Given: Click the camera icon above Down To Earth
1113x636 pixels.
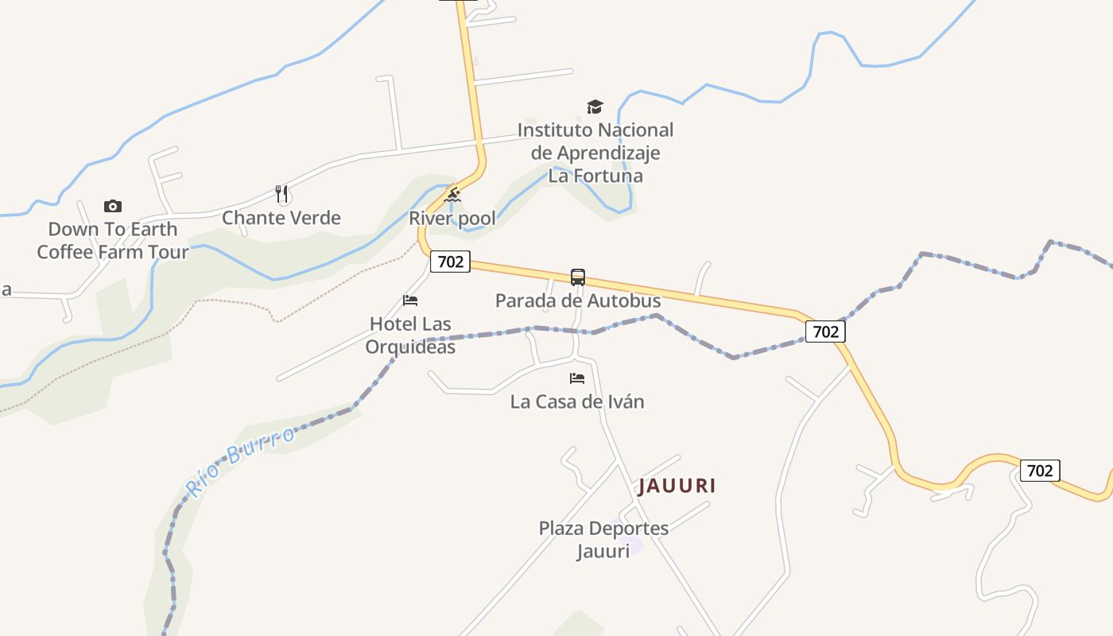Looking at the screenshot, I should tap(113, 207).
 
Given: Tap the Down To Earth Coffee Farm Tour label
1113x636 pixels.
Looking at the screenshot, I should tap(113, 240).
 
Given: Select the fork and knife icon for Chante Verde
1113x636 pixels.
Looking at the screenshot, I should tap(281, 194).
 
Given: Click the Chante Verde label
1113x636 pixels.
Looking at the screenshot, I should tap(281, 218).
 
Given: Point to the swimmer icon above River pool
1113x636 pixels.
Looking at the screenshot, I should tap(452, 195).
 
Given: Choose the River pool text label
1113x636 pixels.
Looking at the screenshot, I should tap(452, 218).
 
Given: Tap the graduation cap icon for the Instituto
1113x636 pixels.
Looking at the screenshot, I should tap(595, 107).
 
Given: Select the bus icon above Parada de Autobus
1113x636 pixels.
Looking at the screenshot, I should tap(578, 277).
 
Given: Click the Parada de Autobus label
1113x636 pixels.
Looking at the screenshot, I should tap(578, 301).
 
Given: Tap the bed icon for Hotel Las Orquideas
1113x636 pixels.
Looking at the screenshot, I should tap(410, 301).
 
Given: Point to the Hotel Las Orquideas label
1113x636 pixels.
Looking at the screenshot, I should tap(410, 335).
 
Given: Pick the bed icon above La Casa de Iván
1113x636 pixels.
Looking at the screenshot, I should tap(577, 378).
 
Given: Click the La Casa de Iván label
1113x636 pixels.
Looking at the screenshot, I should tap(577, 401).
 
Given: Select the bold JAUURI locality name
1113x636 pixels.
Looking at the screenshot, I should tap(677, 486).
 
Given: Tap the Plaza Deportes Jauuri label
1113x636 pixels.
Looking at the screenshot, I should tap(603, 539).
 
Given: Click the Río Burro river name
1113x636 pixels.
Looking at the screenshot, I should tap(239, 461).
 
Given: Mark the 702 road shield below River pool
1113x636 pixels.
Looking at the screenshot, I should tap(451, 262).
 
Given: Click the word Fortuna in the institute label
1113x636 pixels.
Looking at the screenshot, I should tap(607, 176).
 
